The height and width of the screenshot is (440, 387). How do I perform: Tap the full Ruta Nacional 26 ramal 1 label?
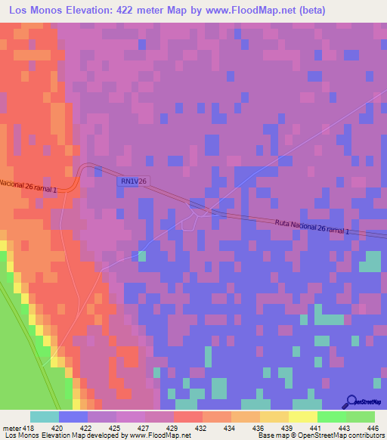(311, 225)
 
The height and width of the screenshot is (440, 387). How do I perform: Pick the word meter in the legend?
(11, 427)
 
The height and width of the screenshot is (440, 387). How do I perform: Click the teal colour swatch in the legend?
(45, 417)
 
